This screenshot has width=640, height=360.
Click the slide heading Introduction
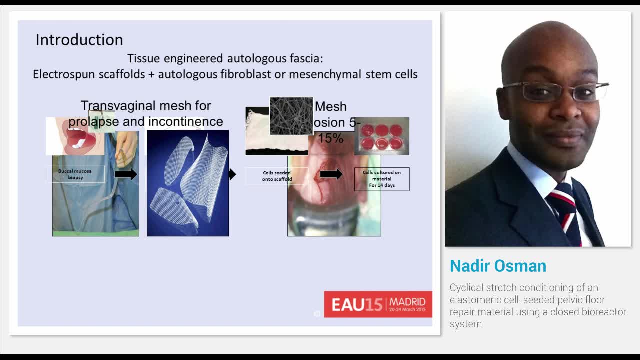coord(79,40)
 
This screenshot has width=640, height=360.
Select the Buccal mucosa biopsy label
coord(75,174)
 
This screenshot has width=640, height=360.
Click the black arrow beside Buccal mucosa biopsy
coord(125,174)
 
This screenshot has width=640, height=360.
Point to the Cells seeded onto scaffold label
coord(276,176)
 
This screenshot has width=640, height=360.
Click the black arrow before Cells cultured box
coord(331,174)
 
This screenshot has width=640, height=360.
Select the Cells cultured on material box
coord(382,179)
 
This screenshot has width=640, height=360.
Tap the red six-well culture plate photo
coord(382,136)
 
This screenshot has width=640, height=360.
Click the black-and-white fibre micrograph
coord(291,116)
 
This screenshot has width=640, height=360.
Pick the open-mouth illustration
coord(75,136)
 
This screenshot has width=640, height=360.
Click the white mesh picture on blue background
coord(188,183)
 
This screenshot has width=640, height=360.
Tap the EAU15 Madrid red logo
coord(378,304)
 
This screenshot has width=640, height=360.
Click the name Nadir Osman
coord(498,266)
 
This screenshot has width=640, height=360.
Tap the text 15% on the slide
coord(331,138)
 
